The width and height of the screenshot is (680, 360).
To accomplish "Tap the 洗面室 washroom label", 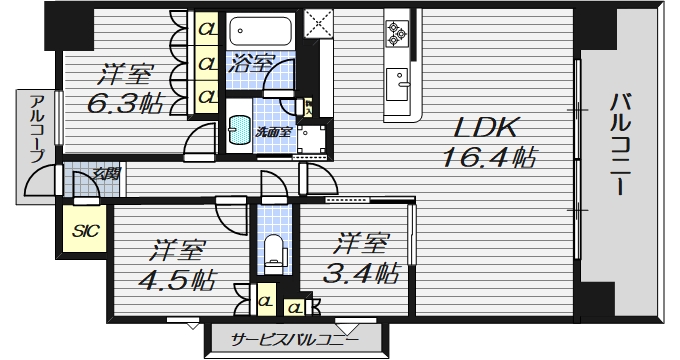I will click(x=272, y=132).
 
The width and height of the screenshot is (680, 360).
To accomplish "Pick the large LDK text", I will click(x=486, y=127).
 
